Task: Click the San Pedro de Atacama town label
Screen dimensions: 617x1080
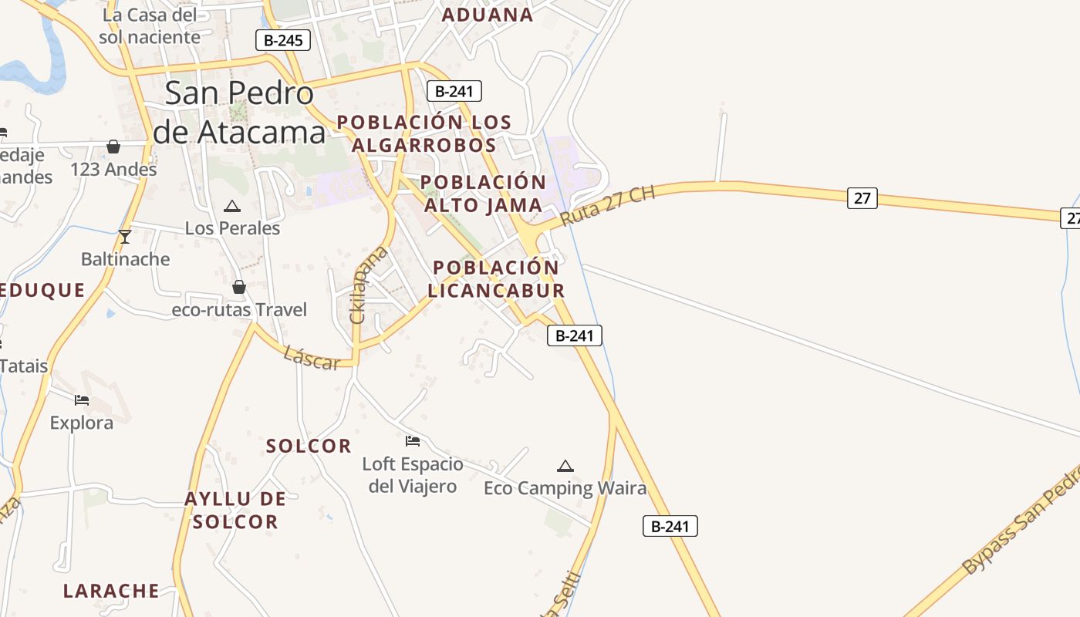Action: [x=239, y=113]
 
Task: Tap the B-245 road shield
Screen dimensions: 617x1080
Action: [x=283, y=40]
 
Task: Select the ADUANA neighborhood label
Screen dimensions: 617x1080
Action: [x=487, y=15]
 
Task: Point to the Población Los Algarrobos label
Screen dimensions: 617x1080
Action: [x=424, y=133]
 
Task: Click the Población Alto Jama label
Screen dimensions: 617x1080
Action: [x=484, y=194]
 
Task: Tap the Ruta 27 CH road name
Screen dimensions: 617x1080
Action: [x=607, y=205]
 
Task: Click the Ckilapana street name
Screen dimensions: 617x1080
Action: [x=368, y=284]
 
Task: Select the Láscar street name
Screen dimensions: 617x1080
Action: [x=311, y=358]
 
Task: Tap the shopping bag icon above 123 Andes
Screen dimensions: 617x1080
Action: [x=113, y=147]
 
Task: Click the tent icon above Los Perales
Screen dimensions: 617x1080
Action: [x=231, y=206]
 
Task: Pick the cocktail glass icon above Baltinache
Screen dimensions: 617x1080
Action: [x=125, y=236]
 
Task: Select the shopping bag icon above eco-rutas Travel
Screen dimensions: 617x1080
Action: [x=239, y=287]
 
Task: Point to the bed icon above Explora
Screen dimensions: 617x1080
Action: [x=82, y=400]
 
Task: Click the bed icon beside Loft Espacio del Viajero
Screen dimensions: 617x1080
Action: [x=413, y=441]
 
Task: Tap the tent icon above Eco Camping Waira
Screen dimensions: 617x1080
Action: [x=565, y=466]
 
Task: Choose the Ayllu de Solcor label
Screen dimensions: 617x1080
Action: [x=235, y=511]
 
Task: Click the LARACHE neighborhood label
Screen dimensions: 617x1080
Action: [x=111, y=592]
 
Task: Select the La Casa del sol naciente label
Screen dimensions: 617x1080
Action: [x=150, y=25]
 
